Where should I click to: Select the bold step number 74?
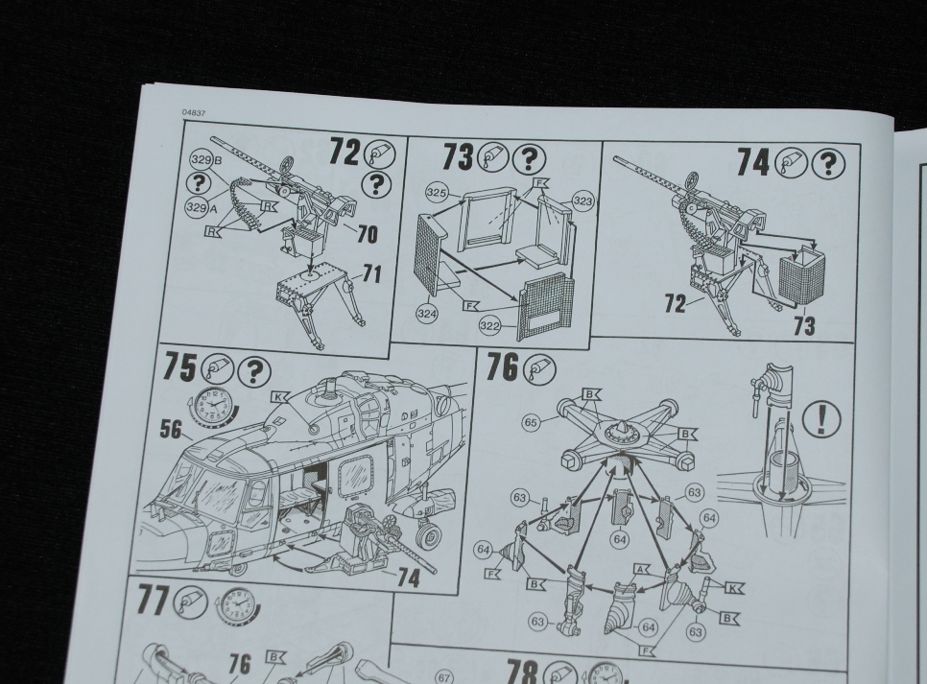(x=752, y=162)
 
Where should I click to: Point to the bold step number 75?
(x=179, y=366)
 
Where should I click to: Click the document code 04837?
(x=194, y=113)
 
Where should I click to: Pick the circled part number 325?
(x=437, y=193)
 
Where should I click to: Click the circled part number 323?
(x=582, y=201)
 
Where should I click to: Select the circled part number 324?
(x=427, y=314)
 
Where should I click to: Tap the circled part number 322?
(x=489, y=326)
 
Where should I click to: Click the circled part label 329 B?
(x=204, y=159)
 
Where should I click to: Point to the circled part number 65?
(x=531, y=423)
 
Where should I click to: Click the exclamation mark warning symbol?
(x=821, y=418)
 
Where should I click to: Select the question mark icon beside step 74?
(x=829, y=164)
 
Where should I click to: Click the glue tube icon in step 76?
(x=539, y=368)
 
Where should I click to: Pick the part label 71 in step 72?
(x=370, y=274)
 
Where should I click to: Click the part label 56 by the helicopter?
(x=170, y=429)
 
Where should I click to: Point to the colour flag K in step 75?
(x=279, y=397)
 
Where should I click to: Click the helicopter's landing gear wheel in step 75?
(x=429, y=537)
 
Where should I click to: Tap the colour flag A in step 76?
(x=641, y=569)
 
